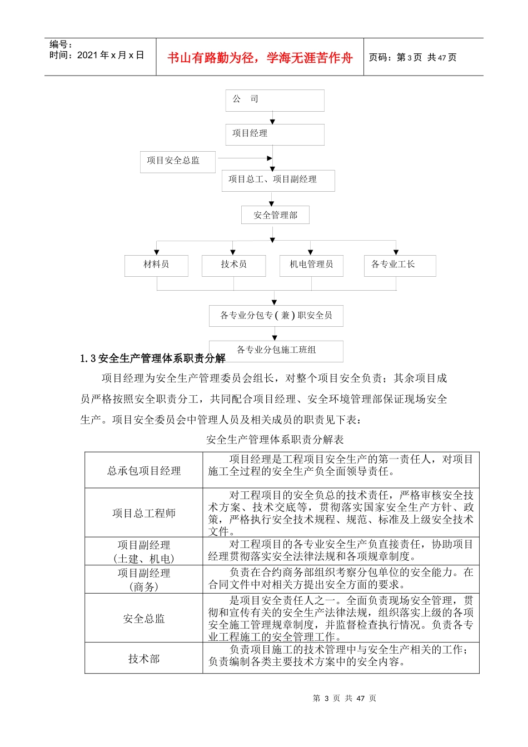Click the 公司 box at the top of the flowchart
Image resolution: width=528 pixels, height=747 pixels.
pyautogui.click(x=275, y=100)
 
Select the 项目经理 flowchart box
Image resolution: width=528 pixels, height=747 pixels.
pyautogui.click(x=275, y=134)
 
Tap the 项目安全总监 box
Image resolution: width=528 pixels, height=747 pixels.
pyautogui.click(x=177, y=161)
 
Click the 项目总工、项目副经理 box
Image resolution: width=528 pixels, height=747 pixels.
pyautogui.click(x=278, y=180)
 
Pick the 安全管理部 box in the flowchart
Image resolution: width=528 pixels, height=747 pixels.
pyautogui.click(x=275, y=215)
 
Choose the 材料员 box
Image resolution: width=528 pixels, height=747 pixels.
pyautogui.click(x=156, y=265)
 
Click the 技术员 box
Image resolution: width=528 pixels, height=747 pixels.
pyautogui.click(x=233, y=265)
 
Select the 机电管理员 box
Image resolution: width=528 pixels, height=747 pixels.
pyautogui.click(x=311, y=265)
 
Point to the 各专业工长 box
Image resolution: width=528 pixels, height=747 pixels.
pyautogui.click(x=400, y=265)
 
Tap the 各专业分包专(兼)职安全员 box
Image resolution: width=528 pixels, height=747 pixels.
pyautogui.click(x=276, y=316)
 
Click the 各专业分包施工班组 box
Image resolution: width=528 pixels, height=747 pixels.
pyautogui.click(x=276, y=350)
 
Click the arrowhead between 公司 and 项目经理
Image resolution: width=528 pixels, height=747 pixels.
pyautogui.click(x=272, y=121)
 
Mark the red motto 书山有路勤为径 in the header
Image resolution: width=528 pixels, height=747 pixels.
pyautogui.click(x=260, y=58)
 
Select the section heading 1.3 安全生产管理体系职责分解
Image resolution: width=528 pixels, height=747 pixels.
pyautogui.click(x=153, y=358)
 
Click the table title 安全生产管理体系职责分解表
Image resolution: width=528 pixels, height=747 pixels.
pyautogui.click(x=275, y=440)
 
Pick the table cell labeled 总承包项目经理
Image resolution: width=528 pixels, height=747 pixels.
pyautogui.click(x=144, y=471)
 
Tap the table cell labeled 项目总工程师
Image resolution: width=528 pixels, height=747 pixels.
pyautogui.click(x=144, y=513)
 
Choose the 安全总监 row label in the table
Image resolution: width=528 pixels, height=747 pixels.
pyautogui.click(x=144, y=619)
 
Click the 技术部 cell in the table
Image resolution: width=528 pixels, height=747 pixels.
pyautogui.click(x=144, y=659)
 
